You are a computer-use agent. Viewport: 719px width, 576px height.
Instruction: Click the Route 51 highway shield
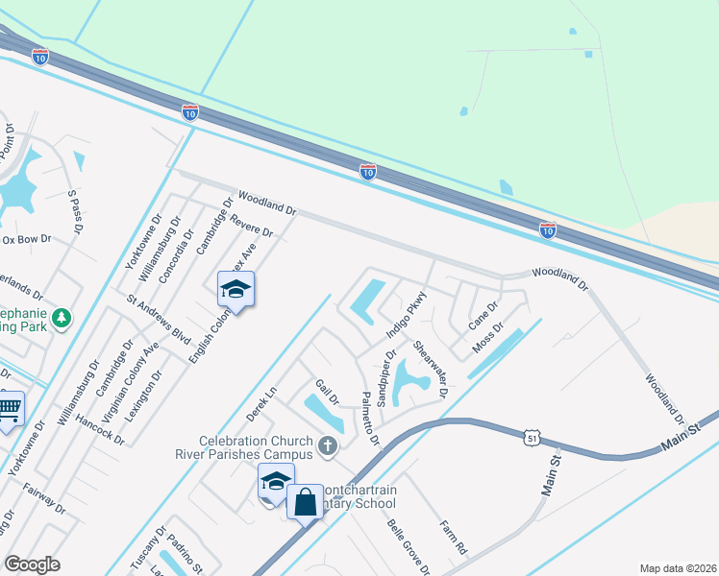coord(533,438)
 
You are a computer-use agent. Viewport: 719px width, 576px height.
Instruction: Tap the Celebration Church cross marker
coord(328,445)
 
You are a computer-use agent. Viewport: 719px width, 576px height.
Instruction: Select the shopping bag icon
coord(305,501)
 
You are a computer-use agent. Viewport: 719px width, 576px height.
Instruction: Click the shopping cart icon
coord(9,410)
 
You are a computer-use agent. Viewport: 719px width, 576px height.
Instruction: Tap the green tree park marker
coord(62,317)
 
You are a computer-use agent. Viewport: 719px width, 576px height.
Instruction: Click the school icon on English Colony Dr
coord(236,288)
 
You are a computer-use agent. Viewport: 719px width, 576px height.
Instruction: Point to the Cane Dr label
coord(483,317)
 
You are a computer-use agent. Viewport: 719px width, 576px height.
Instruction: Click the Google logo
coord(32,564)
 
